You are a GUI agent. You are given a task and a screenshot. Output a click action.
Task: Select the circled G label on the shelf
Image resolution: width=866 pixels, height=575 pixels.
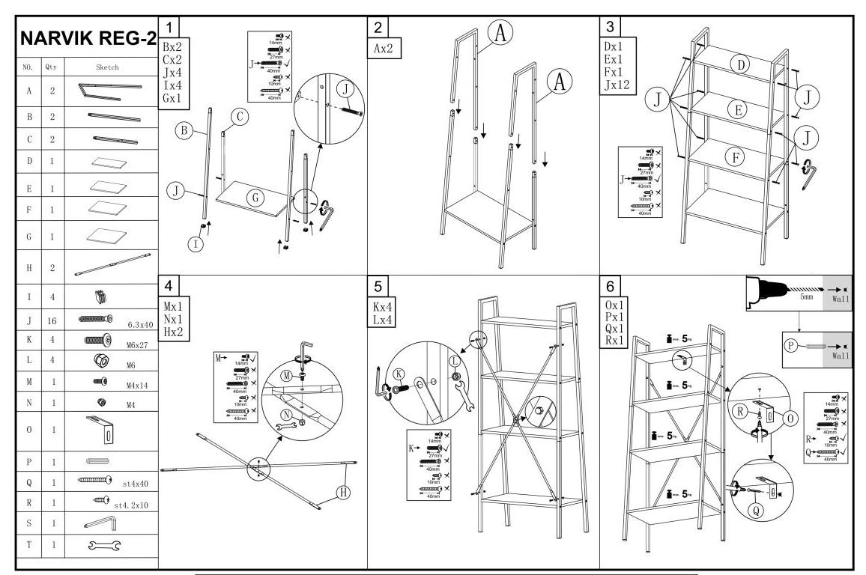click(x=255, y=198)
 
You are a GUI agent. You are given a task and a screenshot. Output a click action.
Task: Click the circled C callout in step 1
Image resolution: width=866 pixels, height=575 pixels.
click(x=239, y=116)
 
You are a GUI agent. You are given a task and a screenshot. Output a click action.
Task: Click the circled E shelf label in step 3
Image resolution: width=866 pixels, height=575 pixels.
click(x=737, y=111)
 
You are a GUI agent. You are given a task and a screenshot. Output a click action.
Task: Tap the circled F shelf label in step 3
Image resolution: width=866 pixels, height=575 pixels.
click(x=737, y=157)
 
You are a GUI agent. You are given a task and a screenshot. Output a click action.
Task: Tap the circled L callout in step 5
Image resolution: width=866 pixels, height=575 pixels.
click(x=455, y=359)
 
